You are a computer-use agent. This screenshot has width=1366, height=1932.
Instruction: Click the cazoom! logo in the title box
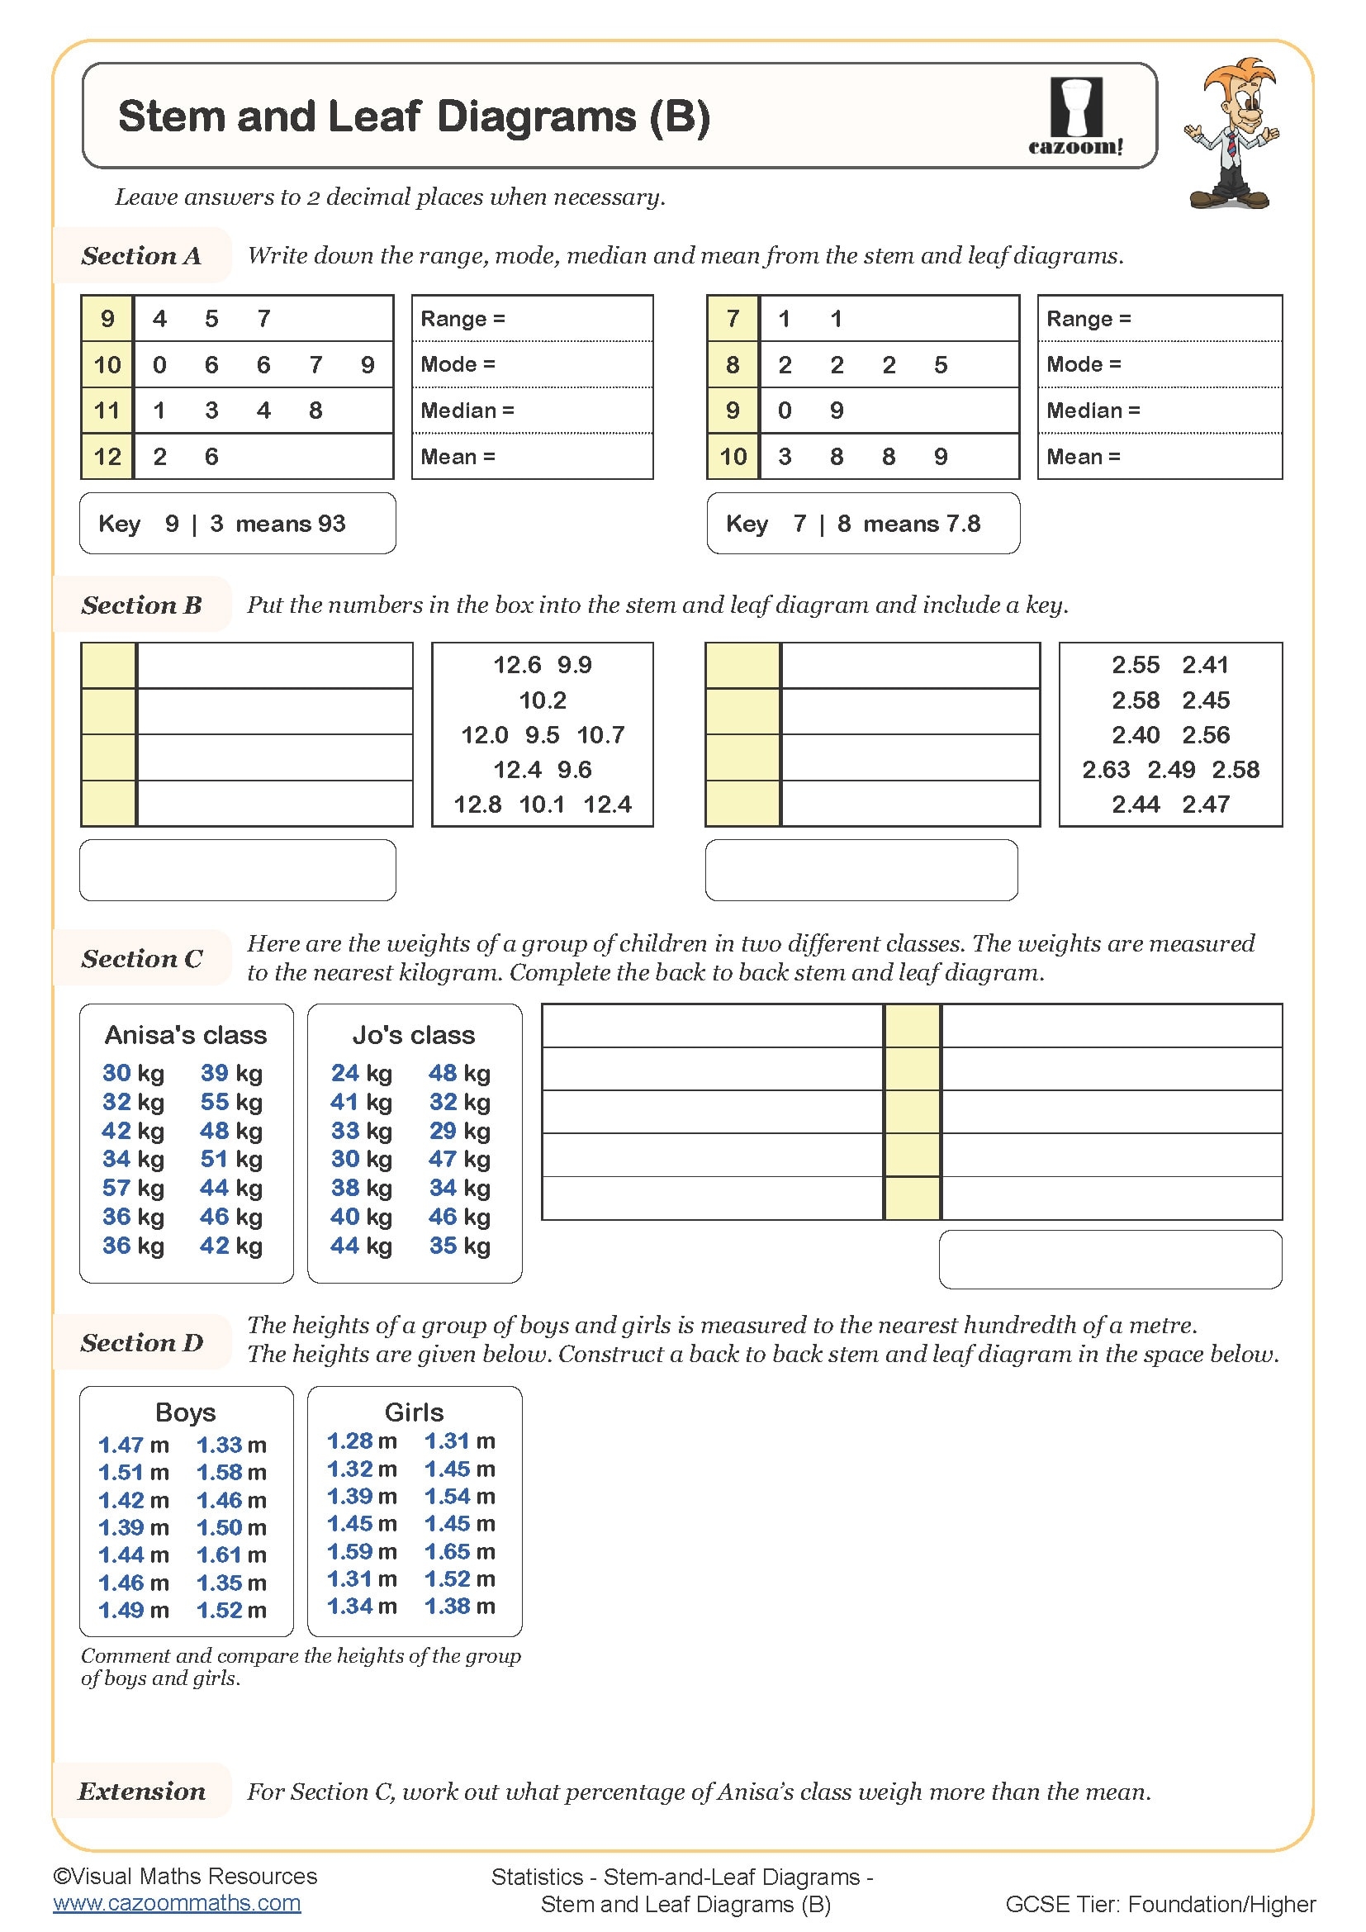[x=1076, y=116]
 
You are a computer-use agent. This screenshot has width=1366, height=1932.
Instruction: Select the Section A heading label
[x=141, y=256]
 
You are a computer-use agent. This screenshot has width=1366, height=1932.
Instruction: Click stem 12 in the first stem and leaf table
[x=107, y=457]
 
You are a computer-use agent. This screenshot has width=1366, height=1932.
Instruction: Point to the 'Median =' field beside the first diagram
[x=532, y=411]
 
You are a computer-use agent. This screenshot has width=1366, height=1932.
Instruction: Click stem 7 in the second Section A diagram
[x=733, y=319]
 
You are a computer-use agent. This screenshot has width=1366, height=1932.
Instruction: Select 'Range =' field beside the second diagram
[x=1159, y=319]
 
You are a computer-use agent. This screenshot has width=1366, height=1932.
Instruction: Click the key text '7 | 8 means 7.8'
[x=886, y=525]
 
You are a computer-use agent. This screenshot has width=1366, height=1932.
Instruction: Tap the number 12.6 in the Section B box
[x=516, y=666]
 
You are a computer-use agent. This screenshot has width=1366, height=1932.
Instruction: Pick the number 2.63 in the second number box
[x=1105, y=770]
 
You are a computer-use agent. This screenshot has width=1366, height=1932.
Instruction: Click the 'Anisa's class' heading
[x=186, y=1035]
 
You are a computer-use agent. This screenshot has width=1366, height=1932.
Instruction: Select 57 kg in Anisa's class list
[x=133, y=1188]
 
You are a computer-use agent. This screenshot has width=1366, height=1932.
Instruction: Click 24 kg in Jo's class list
[x=361, y=1073]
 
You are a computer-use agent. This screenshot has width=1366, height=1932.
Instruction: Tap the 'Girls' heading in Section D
[x=414, y=1412]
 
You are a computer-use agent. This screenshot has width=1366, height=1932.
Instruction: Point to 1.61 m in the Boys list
[x=231, y=1555]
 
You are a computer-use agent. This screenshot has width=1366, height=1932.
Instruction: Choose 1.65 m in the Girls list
[x=459, y=1552]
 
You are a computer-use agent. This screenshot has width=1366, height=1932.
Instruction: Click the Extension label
[x=141, y=1792]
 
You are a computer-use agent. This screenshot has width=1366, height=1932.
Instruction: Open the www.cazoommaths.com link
[x=177, y=1903]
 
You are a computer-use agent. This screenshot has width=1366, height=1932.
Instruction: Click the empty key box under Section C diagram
[x=1109, y=1260]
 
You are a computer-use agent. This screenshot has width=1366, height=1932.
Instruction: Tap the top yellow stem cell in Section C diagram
[x=912, y=1026]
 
